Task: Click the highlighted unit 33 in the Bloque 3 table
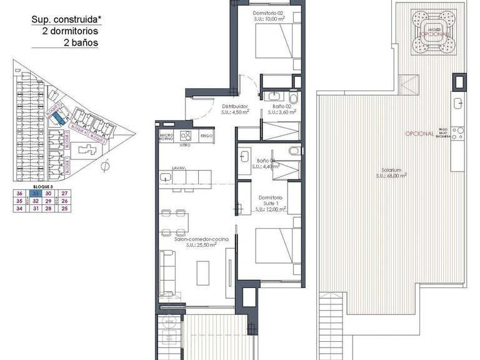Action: tap(36, 194)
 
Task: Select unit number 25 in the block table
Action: tap(64, 209)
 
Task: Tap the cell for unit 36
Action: tap(20, 194)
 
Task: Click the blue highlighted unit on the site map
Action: tap(57, 117)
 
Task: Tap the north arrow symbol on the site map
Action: tap(105, 166)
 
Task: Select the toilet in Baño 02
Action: tap(294, 97)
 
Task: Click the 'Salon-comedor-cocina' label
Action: tap(201, 239)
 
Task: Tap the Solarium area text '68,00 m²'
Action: tap(392, 176)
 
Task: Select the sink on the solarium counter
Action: tap(459, 103)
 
